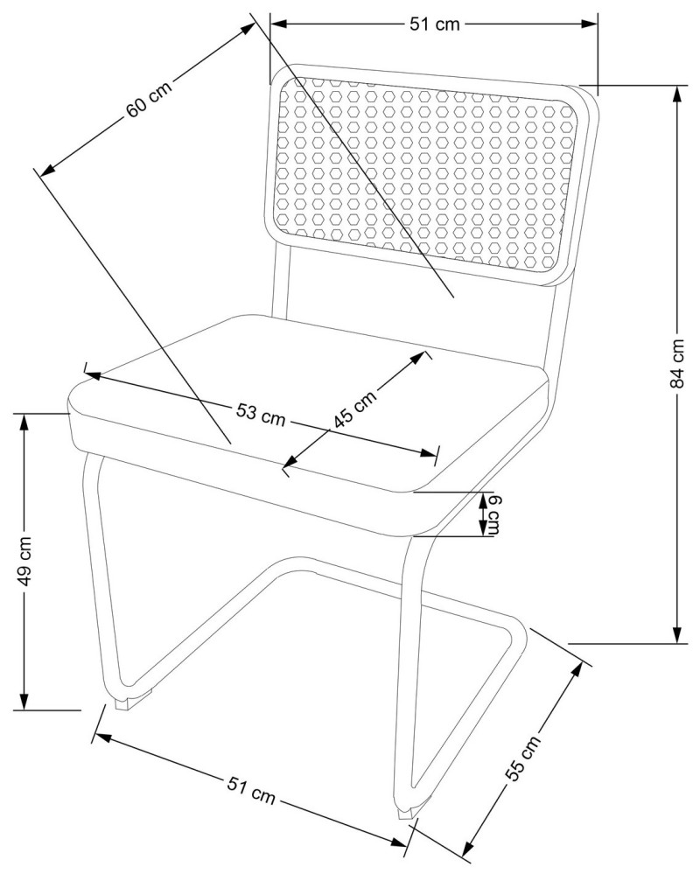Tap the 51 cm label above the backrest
coord(434,24)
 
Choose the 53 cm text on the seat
coord(260,414)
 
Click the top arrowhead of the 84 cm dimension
coord(677,93)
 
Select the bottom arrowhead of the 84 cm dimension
coord(677,636)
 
